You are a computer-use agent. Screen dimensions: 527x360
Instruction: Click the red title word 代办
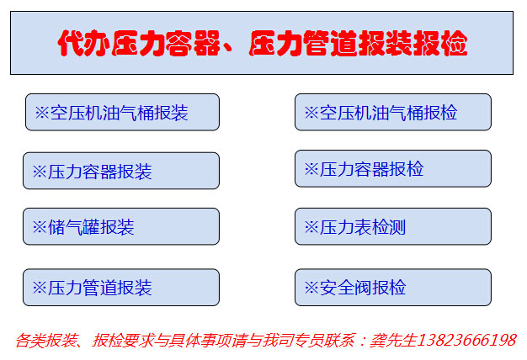tap(84, 43)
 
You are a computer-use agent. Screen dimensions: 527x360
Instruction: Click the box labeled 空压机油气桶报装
tap(122, 112)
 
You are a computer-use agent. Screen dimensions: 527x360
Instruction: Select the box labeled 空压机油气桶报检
tap(393, 112)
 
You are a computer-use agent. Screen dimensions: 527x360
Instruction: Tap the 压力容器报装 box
tap(121, 171)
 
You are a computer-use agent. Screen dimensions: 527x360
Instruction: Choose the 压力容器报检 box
tap(393, 168)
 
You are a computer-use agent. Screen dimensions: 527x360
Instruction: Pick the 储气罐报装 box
tap(121, 226)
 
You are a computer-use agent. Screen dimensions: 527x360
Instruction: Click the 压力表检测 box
tap(393, 226)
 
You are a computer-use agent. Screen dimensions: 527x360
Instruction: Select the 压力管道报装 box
tap(121, 288)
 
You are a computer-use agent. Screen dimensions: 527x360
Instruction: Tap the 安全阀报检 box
tap(393, 288)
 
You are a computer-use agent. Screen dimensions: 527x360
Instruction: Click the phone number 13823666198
tap(467, 340)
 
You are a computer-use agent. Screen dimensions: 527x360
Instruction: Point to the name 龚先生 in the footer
tap(394, 340)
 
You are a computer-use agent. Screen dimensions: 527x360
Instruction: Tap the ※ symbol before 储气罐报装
tap(40, 227)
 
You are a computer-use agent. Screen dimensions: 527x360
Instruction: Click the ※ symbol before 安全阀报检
tap(311, 288)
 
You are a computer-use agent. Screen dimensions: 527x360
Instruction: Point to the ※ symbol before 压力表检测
tap(311, 227)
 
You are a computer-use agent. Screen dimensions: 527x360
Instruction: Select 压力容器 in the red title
tap(166, 43)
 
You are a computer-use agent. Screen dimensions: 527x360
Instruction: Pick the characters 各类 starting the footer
tap(30, 340)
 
